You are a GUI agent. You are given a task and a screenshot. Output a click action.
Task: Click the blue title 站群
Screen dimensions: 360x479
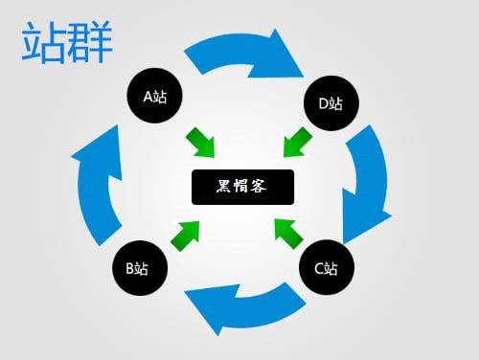point(67,43)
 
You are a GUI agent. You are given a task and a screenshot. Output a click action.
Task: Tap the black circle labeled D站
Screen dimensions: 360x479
point(331,101)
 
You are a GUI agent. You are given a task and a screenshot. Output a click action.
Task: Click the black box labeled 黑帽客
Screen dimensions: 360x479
point(242,186)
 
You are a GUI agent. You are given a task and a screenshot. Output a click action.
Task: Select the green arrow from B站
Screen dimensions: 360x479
point(188,233)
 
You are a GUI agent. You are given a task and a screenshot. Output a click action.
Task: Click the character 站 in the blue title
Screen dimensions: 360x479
point(44,43)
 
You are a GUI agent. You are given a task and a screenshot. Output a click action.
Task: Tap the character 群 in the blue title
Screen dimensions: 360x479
point(90,43)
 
